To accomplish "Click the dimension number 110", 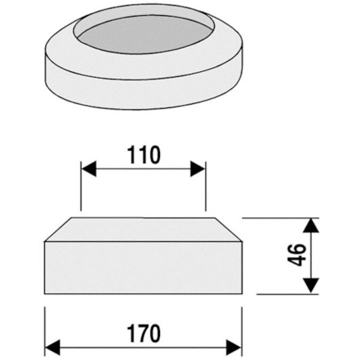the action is point(143,154).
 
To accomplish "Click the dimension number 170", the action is point(143,333).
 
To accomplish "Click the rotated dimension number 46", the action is point(296,255).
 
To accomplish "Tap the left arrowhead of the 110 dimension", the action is point(89,169).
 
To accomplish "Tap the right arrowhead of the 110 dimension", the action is point(197,169).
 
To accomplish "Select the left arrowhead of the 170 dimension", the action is point(52,347).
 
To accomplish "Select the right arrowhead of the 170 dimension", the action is point(233,347).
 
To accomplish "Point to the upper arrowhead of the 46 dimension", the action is point(311,225).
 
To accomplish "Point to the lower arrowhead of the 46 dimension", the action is point(311,285).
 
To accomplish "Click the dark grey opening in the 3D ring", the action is point(144,34).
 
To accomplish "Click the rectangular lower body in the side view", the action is point(143,267).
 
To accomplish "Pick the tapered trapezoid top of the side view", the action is point(143,229).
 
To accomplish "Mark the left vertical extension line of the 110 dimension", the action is point(81,186).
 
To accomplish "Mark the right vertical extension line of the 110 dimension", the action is point(205,186).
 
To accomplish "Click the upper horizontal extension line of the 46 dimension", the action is point(280,218).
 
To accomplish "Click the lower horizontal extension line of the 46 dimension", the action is point(287,294).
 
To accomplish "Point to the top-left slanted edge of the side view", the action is point(58,229).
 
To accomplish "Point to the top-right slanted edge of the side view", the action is point(228,229).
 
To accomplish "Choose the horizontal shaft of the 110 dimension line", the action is point(143,169).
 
